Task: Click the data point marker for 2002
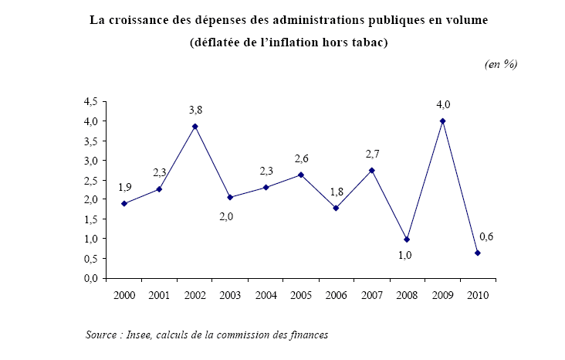click(195, 127)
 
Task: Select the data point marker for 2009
click(442, 121)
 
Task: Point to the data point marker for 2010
click(479, 253)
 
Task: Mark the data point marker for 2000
click(123, 204)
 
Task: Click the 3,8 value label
click(195, 110)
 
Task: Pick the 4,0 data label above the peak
click(442, 104)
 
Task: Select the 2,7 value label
click(374, 153)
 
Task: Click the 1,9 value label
click(123, 187)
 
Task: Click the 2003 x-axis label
click(231, 295)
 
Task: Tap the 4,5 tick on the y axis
click(90, 102)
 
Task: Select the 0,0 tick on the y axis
click(90, 278)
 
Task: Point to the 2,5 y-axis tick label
click(90, 180)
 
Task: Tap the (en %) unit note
click(500, 64)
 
